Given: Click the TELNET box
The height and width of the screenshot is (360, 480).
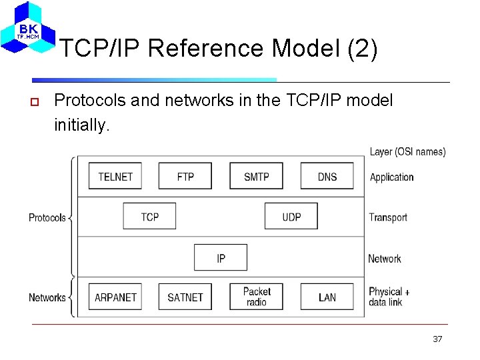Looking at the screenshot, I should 115,176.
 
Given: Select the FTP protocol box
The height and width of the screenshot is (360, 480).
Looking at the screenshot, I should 185,176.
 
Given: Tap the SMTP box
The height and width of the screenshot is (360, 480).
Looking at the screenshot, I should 256,176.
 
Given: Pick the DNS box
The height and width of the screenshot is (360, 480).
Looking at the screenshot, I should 327,176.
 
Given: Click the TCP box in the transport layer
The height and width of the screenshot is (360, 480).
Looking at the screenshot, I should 150,217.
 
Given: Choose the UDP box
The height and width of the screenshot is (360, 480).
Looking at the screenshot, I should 291,217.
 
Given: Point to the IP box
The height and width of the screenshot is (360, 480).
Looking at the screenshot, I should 221,257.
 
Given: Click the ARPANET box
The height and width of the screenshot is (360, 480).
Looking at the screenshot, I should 115,297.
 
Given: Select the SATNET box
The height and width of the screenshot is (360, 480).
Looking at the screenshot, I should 185,297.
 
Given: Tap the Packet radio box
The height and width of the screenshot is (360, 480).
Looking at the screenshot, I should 256,297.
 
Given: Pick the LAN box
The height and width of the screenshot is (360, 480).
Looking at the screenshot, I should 327,297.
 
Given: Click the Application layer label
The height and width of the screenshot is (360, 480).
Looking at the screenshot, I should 391,177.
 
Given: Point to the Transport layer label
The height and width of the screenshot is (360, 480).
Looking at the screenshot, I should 388,217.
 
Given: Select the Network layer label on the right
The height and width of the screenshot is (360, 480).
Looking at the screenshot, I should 385,259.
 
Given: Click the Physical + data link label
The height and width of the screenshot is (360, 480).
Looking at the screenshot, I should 389,297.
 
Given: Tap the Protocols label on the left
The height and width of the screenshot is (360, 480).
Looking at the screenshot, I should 47,217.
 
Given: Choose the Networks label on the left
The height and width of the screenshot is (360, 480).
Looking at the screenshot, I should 47,297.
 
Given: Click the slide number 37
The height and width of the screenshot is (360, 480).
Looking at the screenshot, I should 437,339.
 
